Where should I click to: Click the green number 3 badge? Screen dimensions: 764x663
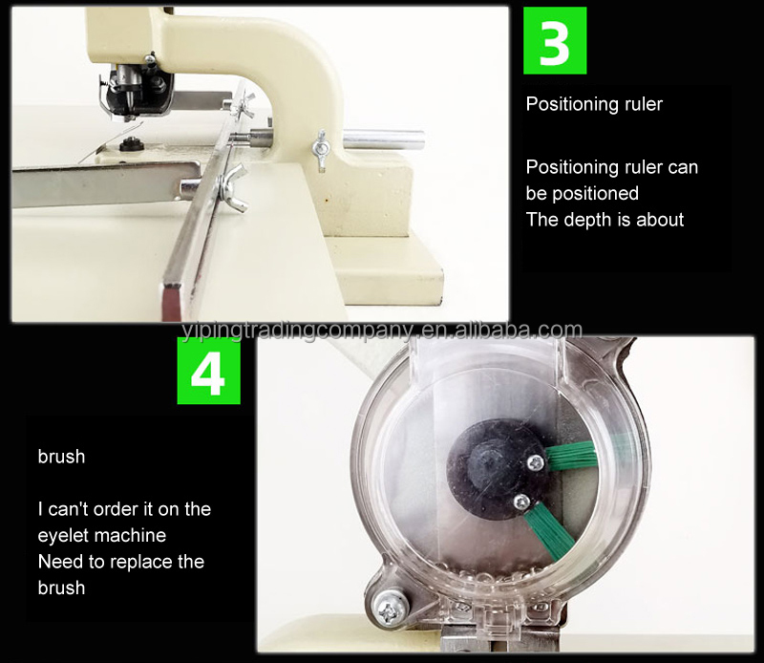pos(555,40)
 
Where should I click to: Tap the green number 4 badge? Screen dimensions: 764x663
pos(208,371)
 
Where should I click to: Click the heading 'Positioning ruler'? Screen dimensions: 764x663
pos(594,104)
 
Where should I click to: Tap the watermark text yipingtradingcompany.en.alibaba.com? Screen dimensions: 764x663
pos(381,331)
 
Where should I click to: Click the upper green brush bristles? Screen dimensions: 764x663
pos(571,455)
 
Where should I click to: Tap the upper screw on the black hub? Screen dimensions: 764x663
pos(536,462)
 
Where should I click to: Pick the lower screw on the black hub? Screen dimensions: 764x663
pos(521,502)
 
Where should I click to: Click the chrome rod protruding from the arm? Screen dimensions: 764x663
pos(384,139)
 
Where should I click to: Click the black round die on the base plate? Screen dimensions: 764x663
pos(130,143)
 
